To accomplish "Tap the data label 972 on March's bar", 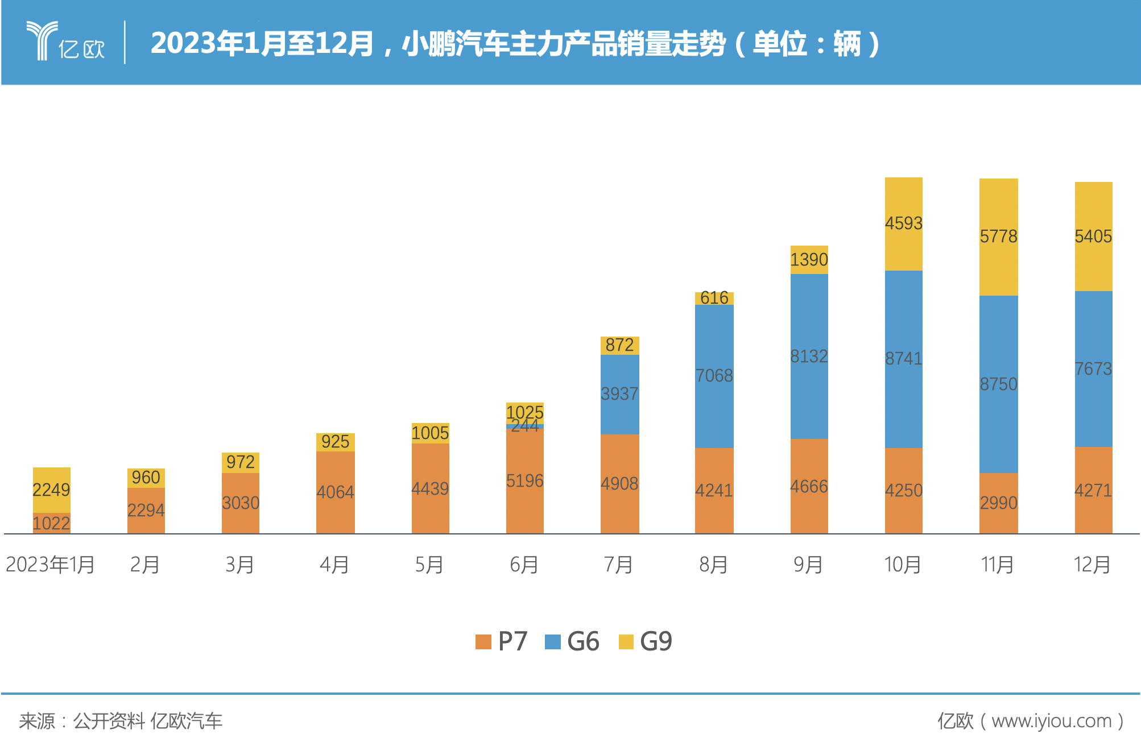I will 240,462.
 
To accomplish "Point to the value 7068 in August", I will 714,375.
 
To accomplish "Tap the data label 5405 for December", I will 1093,236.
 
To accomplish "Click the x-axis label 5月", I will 429,565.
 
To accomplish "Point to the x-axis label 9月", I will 808,565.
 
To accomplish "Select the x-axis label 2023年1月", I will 50,565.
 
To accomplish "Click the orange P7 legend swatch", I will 483,642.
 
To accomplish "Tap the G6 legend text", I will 583,642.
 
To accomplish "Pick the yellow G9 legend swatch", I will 626,642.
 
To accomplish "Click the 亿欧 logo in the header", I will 65,42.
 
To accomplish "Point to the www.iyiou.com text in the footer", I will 1051,721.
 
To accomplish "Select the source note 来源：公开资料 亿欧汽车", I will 121,721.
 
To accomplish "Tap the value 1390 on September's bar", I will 808,260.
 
